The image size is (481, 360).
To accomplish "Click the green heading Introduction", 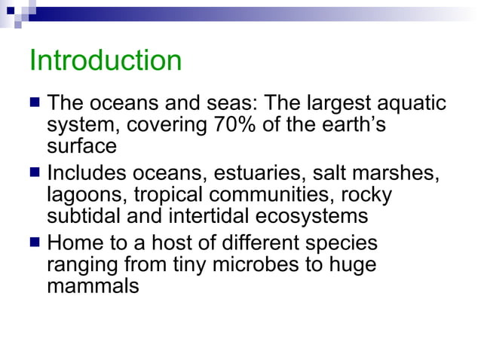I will pos(105,60).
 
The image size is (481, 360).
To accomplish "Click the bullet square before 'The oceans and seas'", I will pos(35,102).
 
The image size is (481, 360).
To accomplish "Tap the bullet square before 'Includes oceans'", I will pos(35,174).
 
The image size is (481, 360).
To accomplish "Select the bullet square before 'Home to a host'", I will pos(35,243).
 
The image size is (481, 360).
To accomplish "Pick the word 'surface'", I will pos(81,145).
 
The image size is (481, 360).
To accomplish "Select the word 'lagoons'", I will pos(87,196).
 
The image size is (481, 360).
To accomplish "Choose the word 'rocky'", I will pos(366,196).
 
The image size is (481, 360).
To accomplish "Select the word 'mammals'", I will pos(93,286).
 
